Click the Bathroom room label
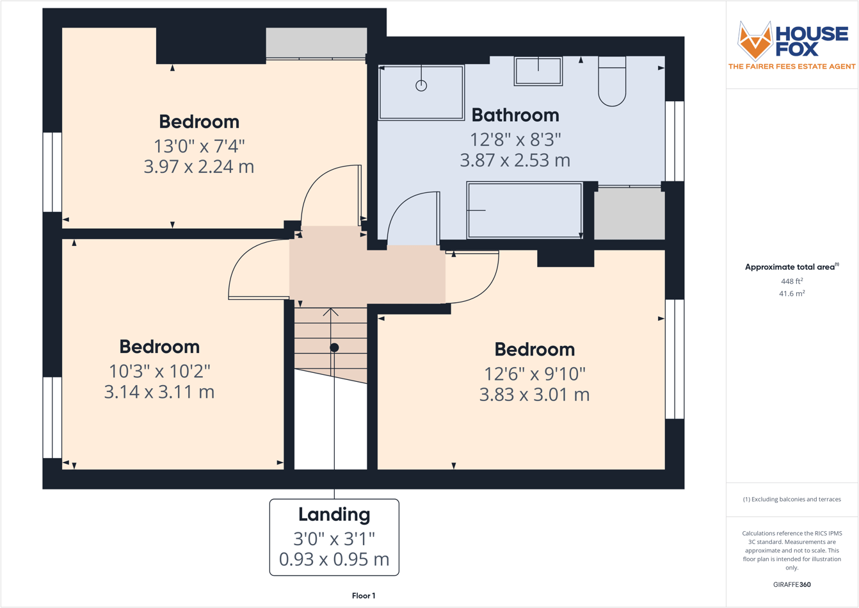tap(515, 115)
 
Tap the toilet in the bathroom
tap(612, 81)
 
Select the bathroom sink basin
tap(538, 71)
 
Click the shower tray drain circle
tap(421, 85)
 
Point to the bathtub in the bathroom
tap(524, 210)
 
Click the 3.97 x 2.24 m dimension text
tap(199, 167)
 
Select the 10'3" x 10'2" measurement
tap(159, 371)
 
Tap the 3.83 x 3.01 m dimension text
tap(534, 395)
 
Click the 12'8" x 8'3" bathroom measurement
tap(515, 139)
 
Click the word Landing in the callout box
tap(334, 514)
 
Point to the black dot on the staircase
tap(334, 347)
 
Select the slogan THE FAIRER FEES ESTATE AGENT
tap(792, 67)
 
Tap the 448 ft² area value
tap(792, 281)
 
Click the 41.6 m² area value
tap(792, 293)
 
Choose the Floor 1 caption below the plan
tap(364, 596)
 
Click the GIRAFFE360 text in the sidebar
tap(792, 584)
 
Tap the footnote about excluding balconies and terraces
tap(792, 499)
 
